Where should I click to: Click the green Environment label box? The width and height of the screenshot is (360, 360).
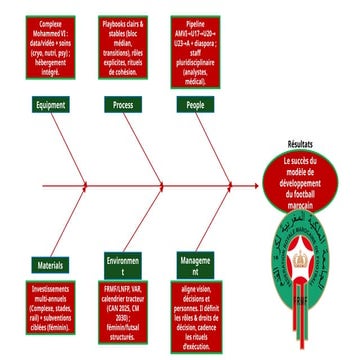click(124, 269)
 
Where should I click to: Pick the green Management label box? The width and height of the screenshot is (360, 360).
click(196, 269)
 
